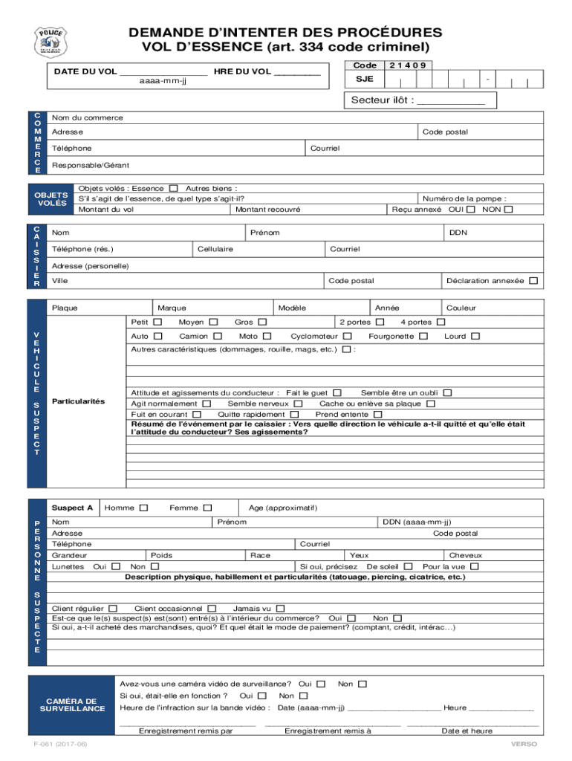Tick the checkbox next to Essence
(174, 189)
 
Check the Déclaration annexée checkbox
(533, 281)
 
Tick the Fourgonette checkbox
(423, 336)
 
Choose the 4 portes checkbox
(441, 322)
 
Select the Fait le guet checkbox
(337, 392)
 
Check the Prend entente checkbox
(378, 414)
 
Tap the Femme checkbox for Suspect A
(208, 508)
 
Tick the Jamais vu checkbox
(281, 608)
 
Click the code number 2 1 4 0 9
(408, 65)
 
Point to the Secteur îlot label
(382, 100)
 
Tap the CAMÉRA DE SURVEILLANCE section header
(72, 705)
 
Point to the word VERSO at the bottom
(523, 744)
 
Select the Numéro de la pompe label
(464, 198)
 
